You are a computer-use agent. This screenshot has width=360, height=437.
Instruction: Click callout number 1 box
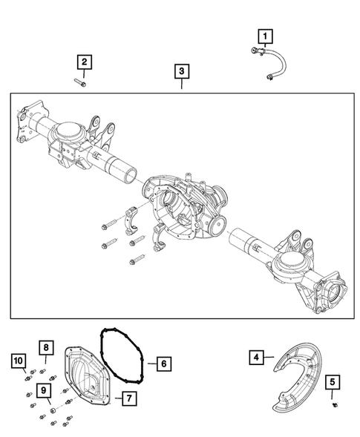[x=265, y=35]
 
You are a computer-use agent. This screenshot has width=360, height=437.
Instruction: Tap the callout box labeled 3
[x=182, y=72]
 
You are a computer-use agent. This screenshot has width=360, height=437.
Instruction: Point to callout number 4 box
[x=256, y=358]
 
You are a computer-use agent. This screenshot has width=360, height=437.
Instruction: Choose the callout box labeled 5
[x=334, y=383]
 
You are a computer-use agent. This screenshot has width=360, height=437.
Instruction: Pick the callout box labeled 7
[x=128, y=398]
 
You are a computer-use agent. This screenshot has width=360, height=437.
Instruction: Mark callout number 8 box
[x=46, y=347]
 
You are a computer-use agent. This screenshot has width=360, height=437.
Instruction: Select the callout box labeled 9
[x=46, y=392]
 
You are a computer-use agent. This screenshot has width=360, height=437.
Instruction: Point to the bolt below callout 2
[x=81, y=84]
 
